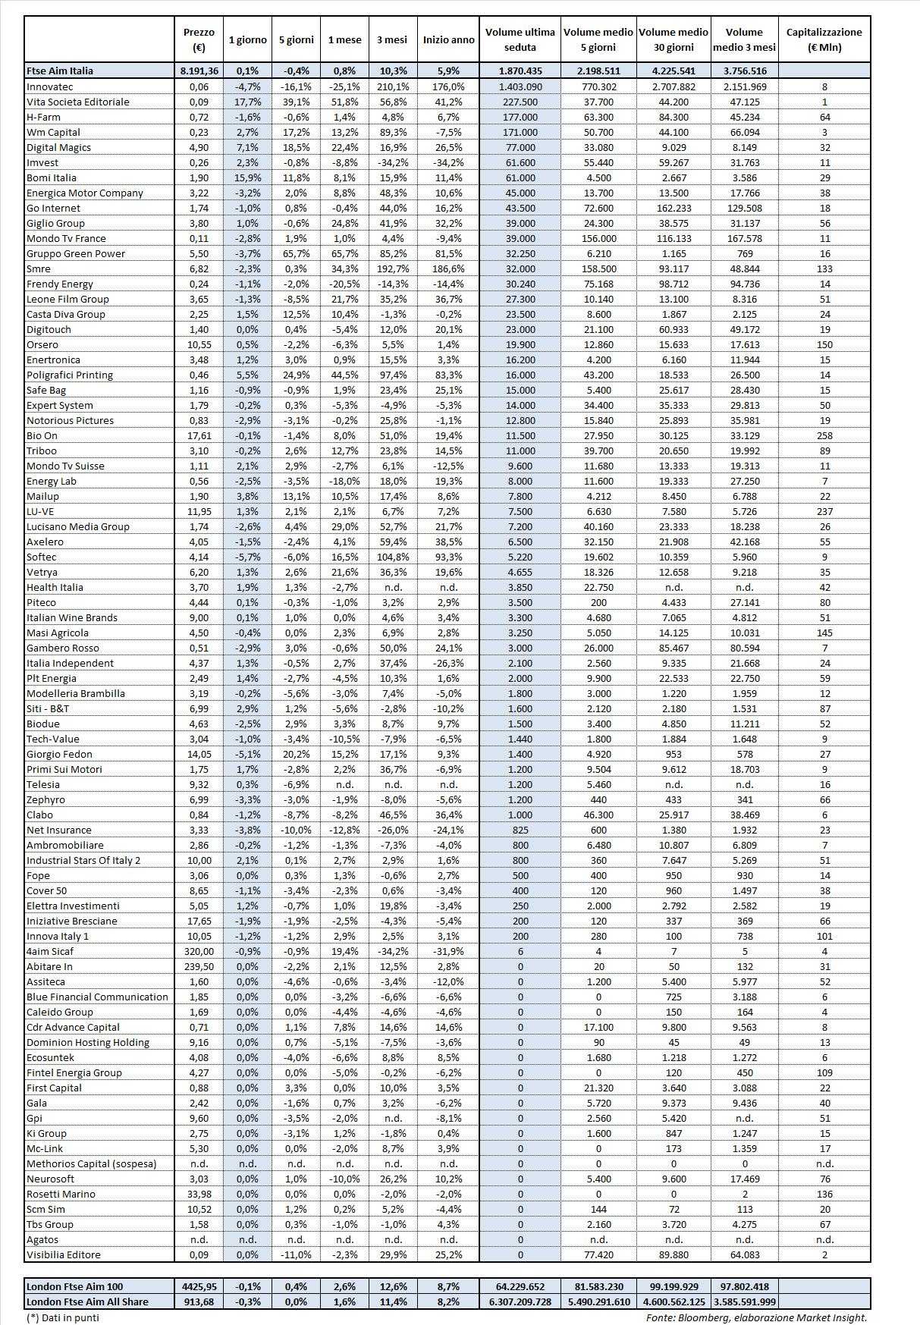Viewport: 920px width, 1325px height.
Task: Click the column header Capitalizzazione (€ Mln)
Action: click(824, 39)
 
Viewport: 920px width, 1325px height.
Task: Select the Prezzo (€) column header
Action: click(199, 39)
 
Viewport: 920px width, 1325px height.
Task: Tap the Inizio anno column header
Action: click(448, 39)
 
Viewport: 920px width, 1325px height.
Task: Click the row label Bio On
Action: click(42, 435)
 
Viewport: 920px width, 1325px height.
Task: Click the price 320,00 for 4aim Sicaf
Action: click(199, 951)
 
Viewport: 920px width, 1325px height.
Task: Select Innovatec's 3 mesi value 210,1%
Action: click(392, 86)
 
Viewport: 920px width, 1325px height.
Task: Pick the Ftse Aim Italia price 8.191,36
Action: click(199, 71)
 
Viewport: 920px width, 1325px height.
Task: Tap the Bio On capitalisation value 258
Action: click(824, 435)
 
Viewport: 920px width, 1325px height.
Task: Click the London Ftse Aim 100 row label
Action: click(74, 1286)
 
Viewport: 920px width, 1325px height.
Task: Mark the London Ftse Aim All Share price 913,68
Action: click(199, 1301)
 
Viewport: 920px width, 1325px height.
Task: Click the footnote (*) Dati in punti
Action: click(62, 1317)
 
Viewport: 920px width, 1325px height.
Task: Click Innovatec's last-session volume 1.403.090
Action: click(520, 86)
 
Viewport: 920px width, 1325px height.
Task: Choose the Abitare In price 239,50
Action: click(199, 966)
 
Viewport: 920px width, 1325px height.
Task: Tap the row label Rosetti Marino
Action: click(61, 1194)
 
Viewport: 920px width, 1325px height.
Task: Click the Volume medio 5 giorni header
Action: click(598, 39)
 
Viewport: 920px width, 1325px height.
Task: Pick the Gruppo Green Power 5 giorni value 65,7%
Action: click(297, 253)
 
